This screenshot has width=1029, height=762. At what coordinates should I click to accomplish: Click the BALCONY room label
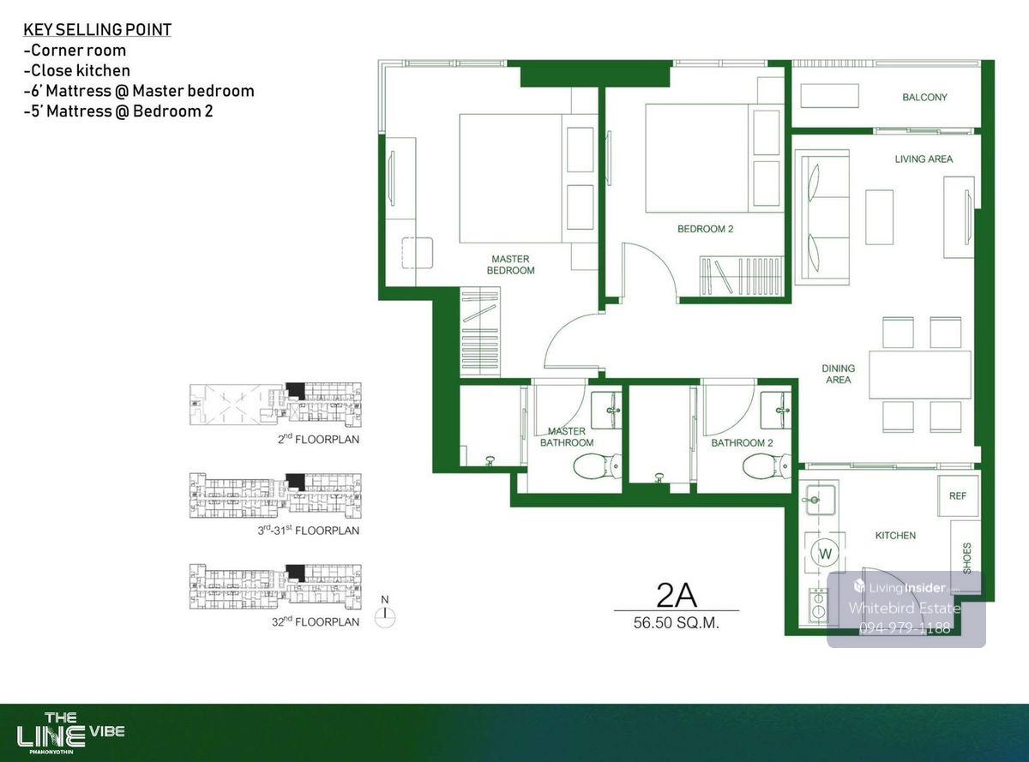(924, 98)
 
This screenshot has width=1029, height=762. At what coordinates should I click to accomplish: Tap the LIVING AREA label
(924, 159)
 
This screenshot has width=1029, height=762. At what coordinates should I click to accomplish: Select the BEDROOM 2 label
(705, 229)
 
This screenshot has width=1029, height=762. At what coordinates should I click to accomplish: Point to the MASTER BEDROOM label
(510, 264)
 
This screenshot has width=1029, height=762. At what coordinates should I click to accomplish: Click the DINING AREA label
(838, 374)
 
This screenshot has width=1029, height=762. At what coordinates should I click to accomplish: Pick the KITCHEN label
(895, 536)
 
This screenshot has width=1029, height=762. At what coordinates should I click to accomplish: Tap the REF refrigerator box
(959, 495)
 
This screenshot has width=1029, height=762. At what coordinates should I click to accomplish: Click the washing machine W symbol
(825, 554)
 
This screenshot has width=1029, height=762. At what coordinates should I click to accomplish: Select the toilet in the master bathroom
(597, 466)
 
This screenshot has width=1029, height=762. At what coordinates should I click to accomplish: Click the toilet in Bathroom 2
(767, 466)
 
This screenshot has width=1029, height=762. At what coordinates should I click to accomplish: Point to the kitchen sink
(821, 500)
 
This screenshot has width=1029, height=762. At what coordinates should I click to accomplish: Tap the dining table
(920, 375)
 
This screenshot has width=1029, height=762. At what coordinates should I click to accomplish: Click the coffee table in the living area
(879, 217)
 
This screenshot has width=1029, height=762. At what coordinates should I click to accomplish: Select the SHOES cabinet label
(967, 558)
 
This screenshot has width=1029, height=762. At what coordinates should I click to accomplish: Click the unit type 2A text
(677, 596)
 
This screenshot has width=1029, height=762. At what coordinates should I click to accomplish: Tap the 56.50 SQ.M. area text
(677, 623)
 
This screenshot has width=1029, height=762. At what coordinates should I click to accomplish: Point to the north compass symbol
(385, 614)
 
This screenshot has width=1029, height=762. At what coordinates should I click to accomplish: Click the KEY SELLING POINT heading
(98, 30)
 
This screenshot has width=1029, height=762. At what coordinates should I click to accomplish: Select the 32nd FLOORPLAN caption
(316, 621)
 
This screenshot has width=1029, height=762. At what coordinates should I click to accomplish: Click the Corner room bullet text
(75, 50)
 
